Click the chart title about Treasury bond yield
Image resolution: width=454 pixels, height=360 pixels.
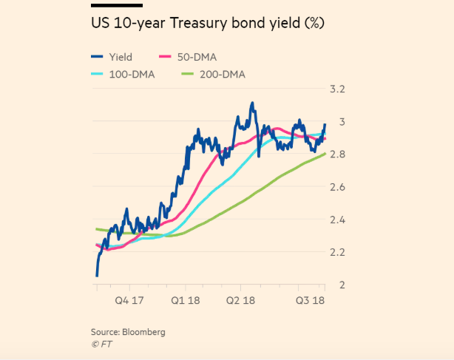(208, 23)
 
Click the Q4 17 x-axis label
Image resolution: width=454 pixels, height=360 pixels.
(129, 302)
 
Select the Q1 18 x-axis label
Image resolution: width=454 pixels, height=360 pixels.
(186, 302)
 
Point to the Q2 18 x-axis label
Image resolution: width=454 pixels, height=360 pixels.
(242, 302)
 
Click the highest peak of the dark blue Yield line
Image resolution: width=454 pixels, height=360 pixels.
(252, 103)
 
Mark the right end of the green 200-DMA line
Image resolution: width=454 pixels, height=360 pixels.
(325, 154)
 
